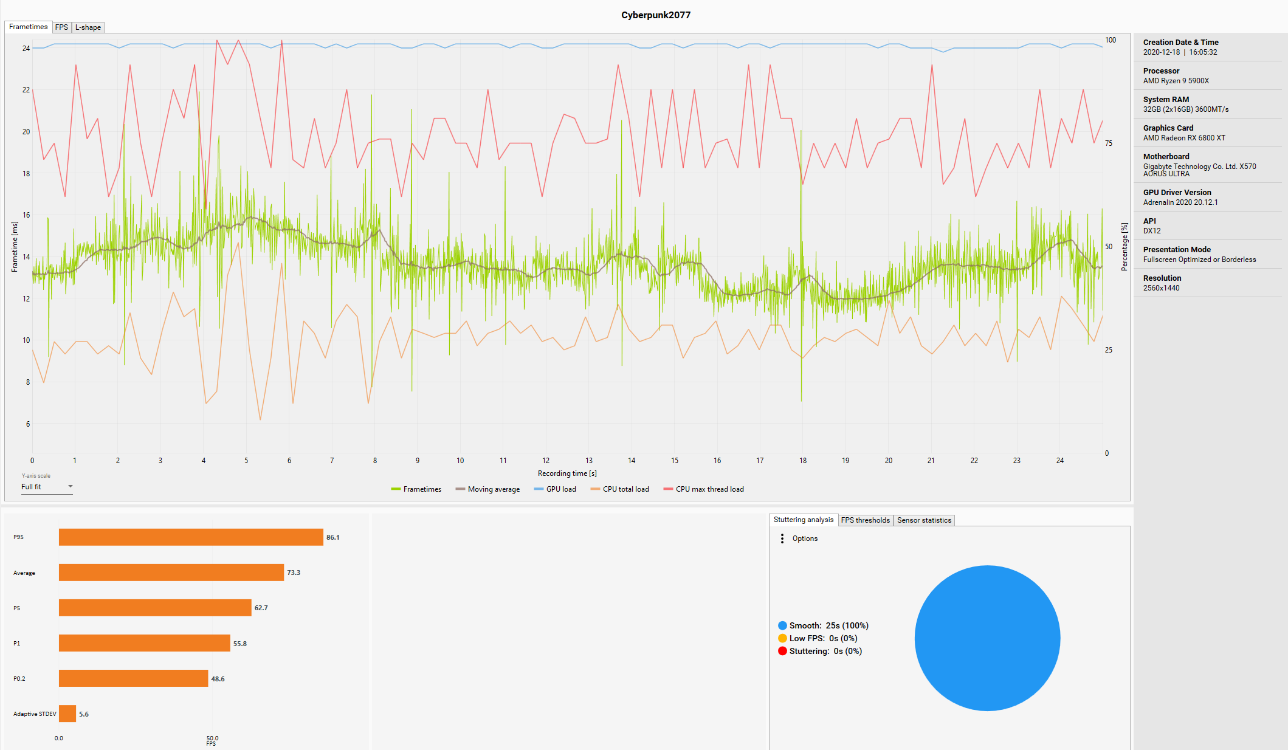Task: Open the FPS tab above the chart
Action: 61,27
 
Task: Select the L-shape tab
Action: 88,27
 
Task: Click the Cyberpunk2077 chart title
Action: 655,15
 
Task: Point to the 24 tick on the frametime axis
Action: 26,49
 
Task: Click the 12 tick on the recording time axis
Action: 546,461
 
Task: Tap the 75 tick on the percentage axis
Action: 1109,143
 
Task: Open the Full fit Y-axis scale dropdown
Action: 47,487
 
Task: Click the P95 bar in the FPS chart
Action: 191,537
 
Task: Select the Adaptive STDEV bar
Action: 67,714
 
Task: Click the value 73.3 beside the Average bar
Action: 294,573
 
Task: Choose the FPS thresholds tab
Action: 865,520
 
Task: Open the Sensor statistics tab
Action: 924,520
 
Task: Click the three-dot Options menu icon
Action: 782,538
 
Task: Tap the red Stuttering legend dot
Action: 782,651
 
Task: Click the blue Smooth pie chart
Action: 987,638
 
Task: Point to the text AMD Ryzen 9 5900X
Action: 1176,81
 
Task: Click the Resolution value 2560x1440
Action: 1161,288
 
